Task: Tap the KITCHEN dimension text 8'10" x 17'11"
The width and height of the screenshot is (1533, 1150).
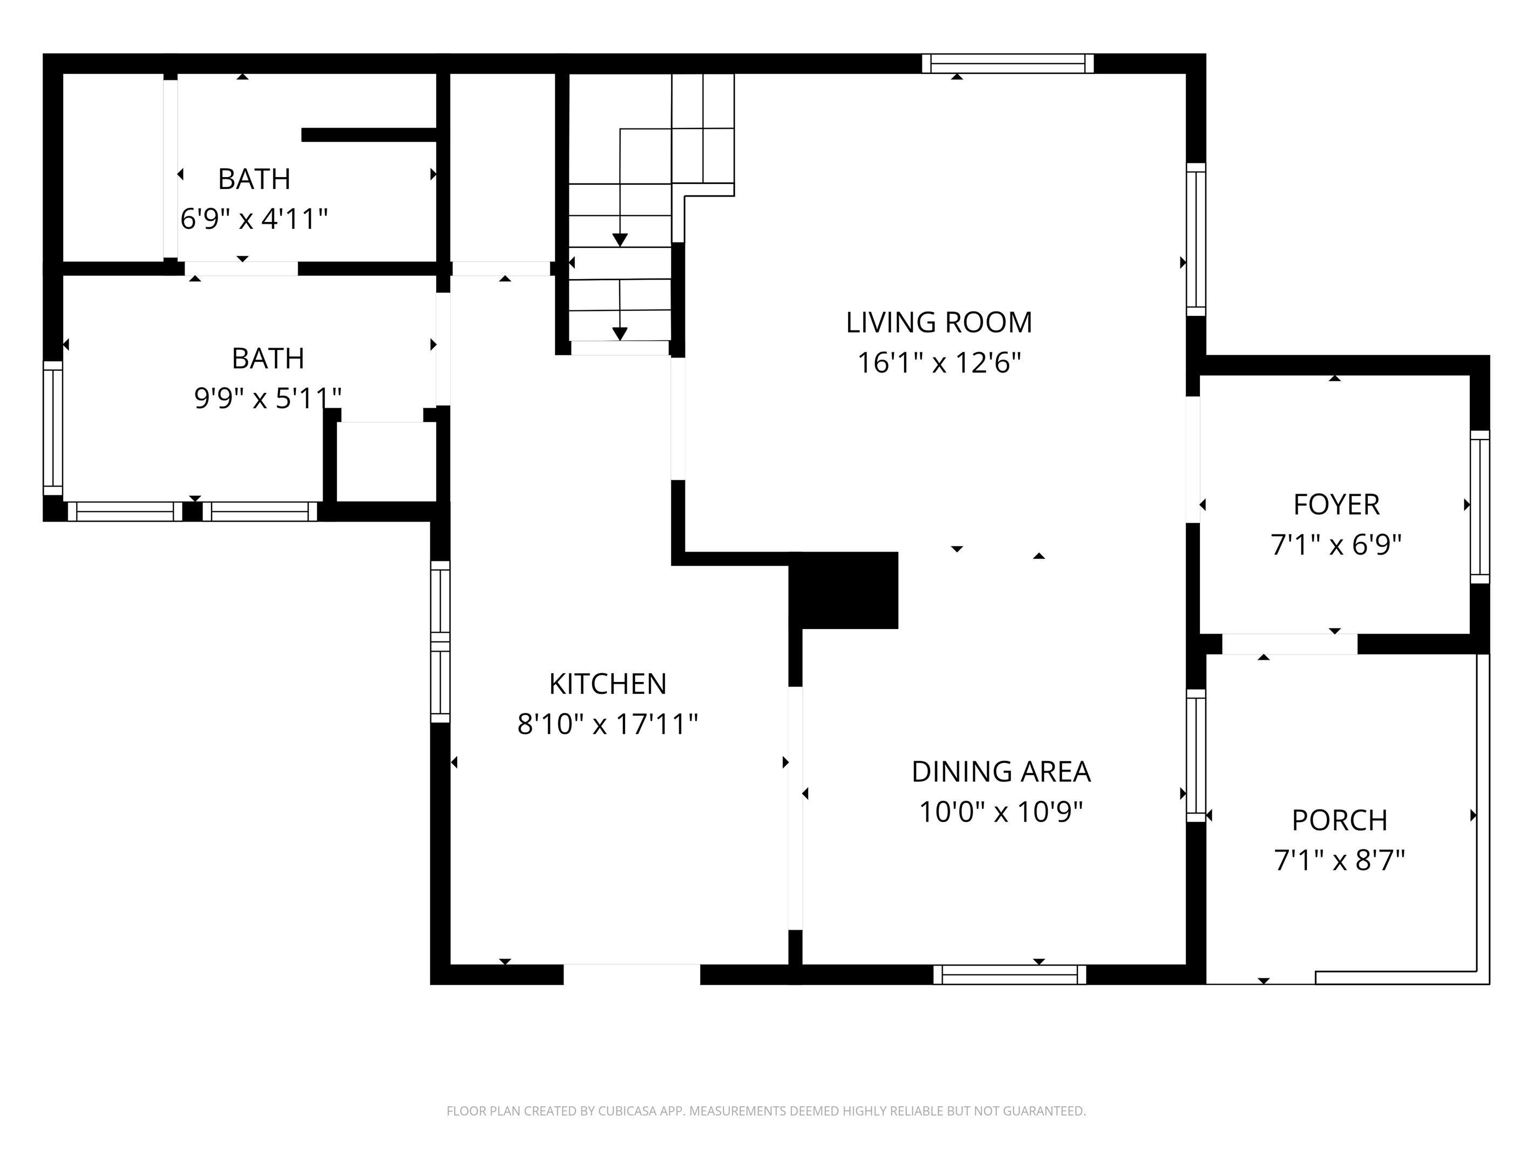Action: [x=607, y=725]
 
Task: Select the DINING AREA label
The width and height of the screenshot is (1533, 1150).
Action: [x=1000, y=772]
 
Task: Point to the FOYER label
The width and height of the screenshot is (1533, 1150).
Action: [x=1335, y=505]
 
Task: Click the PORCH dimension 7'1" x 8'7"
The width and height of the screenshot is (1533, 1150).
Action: [x=1339, y=861]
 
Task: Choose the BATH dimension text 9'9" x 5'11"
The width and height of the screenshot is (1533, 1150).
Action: [x=268, y=398]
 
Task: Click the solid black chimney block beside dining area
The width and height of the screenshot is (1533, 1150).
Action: [x=844, y=590]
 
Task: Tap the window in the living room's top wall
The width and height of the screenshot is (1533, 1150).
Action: [x=1007, y=64]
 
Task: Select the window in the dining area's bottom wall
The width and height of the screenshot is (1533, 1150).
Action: [x=1009, y=975]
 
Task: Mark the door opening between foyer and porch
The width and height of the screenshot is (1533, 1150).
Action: [x=1288, y=644]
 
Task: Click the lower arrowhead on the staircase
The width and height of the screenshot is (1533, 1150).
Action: [x=620, y=334]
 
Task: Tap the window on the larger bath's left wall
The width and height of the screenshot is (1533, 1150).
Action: [x=53, y=428]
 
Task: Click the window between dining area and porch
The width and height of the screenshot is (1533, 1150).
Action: [x=1196, y=755]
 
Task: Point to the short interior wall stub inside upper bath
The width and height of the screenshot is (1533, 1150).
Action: [x=369, y=135]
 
